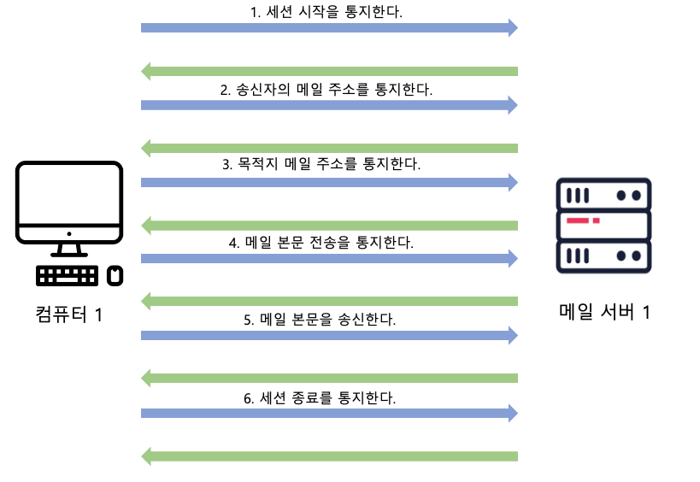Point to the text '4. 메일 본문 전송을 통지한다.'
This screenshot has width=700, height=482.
click(x=321, y=242)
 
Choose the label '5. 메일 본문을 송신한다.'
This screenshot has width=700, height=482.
click(x=320, y=320)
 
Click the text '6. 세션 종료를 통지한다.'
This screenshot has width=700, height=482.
click(x=320, y=397)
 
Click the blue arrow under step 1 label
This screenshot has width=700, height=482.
click(x=329, y=28)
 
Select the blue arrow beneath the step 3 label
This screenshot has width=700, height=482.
click(x=329, y=182)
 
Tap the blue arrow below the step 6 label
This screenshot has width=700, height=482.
click(x=329, y=414)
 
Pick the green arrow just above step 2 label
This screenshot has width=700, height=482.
click(x=329, y=70)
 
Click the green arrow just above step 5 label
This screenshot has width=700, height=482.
click(x=329, y=301)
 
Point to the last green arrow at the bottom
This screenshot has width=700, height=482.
click(x=329, y=456)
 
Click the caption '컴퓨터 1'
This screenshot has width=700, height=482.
click(x=69, y=314)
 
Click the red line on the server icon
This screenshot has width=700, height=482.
click(x=579, y=221)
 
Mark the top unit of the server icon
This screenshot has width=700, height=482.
click(x=603, y=195)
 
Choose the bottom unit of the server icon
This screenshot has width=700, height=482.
click(x=603, y=256)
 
